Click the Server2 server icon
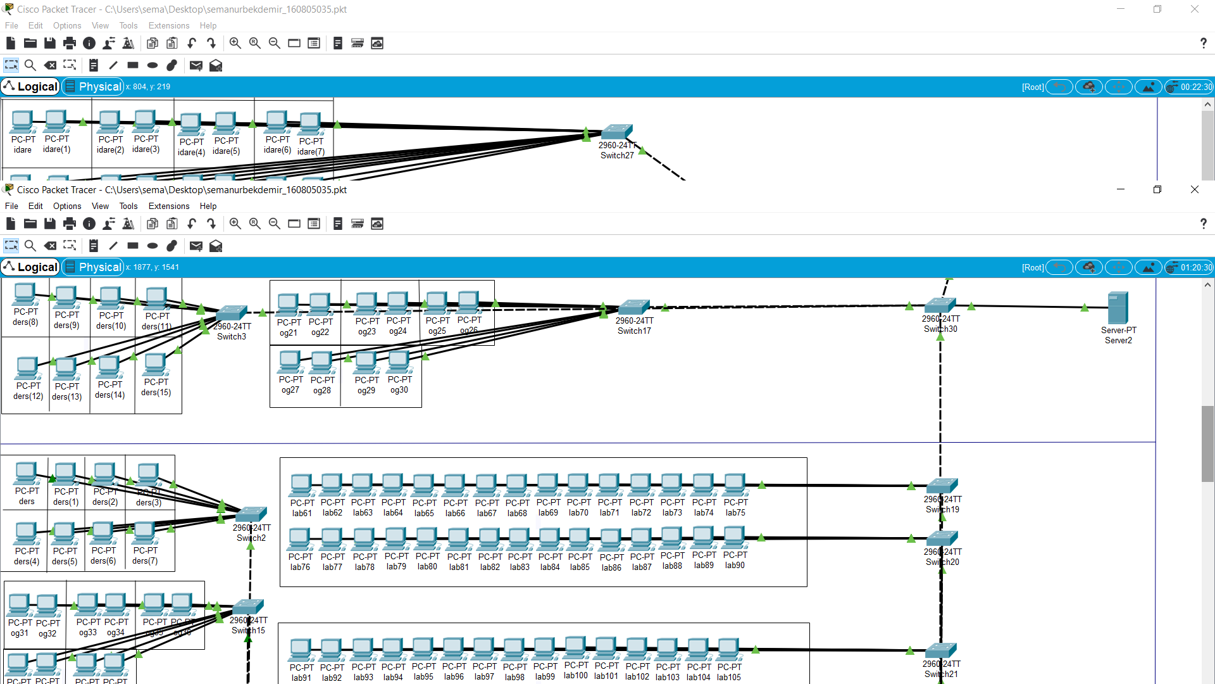(x=1118, y=308)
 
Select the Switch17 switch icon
(x=634, y=307)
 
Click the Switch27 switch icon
(x=617, y=132)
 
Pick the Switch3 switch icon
(x=232, y=313)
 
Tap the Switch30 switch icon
(x=940, y=305)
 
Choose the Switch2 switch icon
(x=251, y=514)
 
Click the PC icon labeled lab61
(x=302, y=486)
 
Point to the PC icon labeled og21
(x=289, y=305)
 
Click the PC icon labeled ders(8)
(x=25, y=295)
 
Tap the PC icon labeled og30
(x=399, y=363)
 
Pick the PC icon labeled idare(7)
(x=311, y=124)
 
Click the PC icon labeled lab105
(x=728, y=650)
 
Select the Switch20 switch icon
(x=942, y=538)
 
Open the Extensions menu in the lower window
(x=168, y=206)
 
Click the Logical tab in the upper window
(x=30, y=87)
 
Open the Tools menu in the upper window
(x=128, y=25)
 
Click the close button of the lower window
(x=1194, y=189)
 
